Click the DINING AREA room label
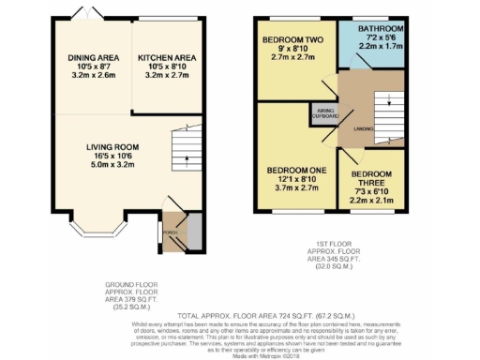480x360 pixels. (x=92, y=58)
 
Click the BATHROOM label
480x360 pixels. (x=382, y=29)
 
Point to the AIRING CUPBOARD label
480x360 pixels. (x=324, y=114)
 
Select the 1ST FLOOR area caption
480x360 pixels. (x=337, y=258)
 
